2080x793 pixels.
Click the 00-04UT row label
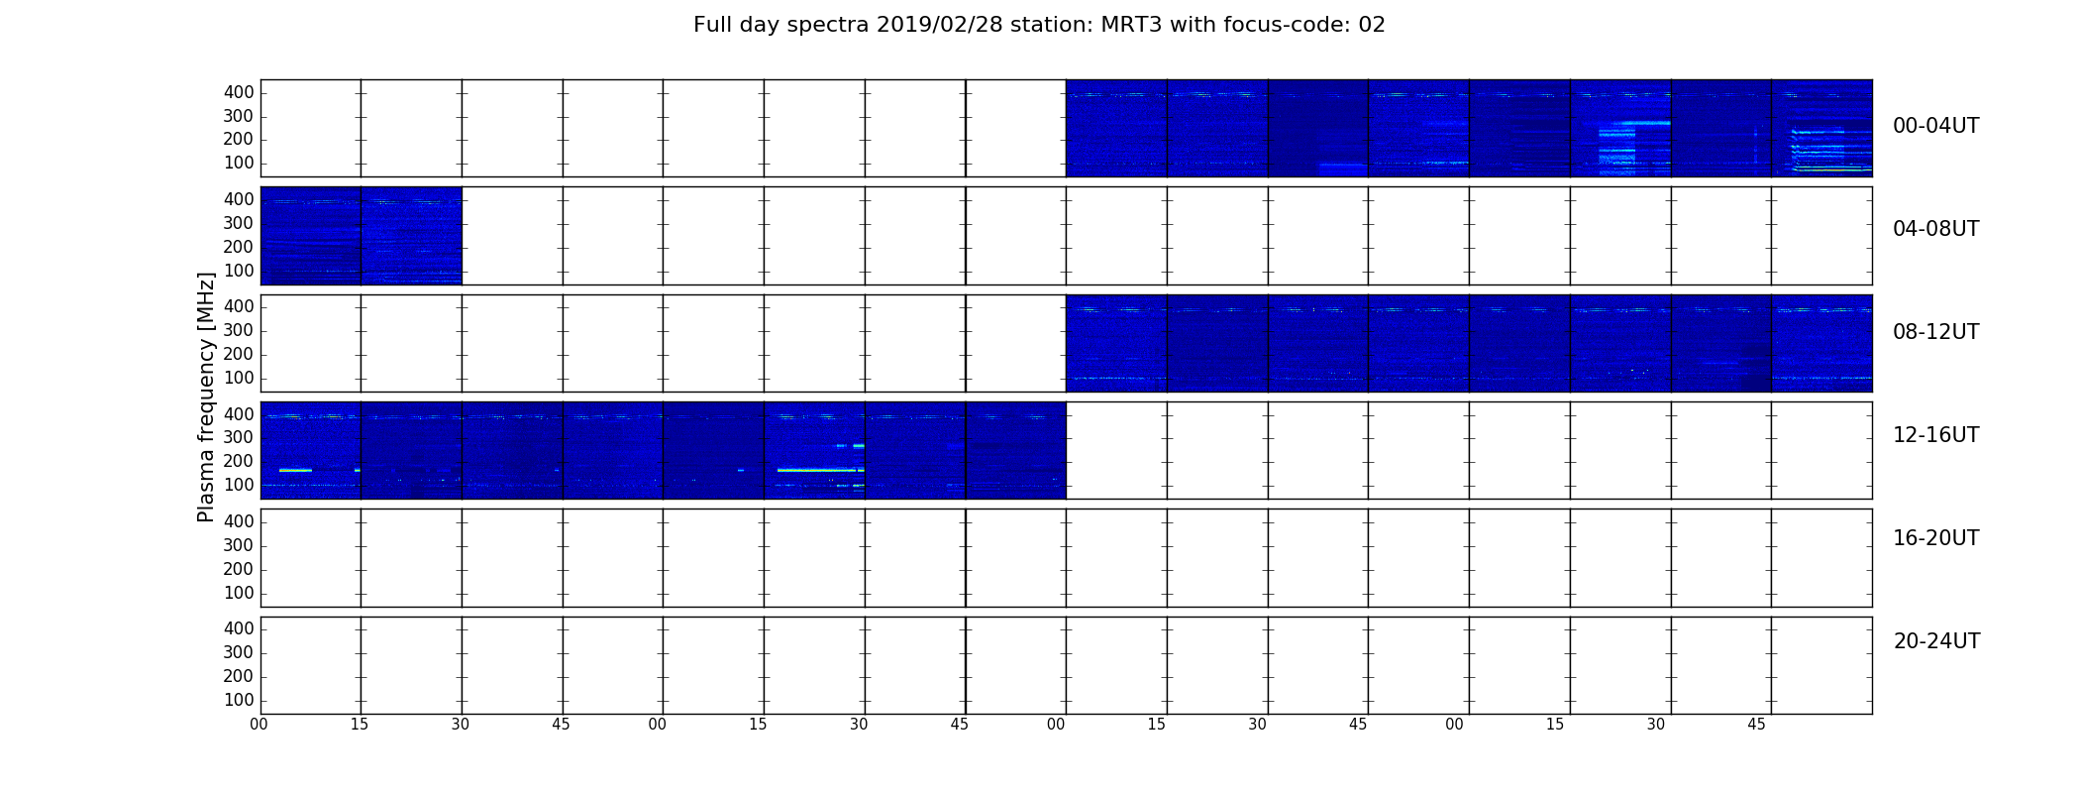coord(1935,126)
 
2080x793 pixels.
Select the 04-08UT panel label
coord(1935,229)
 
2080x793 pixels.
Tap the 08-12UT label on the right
coord(1935,332)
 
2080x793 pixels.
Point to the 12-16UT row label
coord(1935,435)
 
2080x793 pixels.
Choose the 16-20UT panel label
coord(1935,538)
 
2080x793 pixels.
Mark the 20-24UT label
coord(1936,641)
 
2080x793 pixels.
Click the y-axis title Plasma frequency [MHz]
coord(206,396)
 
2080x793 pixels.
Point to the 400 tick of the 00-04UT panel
coord(239,92)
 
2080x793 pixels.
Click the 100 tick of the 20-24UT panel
coord(239,700)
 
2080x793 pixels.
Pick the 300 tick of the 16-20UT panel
coord(239,545)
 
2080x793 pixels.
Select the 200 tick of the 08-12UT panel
coord(239,354)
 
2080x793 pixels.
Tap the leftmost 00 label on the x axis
coord(259,725)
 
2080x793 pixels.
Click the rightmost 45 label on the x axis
coord(1756,725)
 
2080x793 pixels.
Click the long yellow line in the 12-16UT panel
coord(817,470)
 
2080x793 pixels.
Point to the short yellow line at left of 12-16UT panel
coord(296,470)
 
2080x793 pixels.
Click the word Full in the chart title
coord(713,25)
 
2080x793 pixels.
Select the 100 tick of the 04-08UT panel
coord(239,271)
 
